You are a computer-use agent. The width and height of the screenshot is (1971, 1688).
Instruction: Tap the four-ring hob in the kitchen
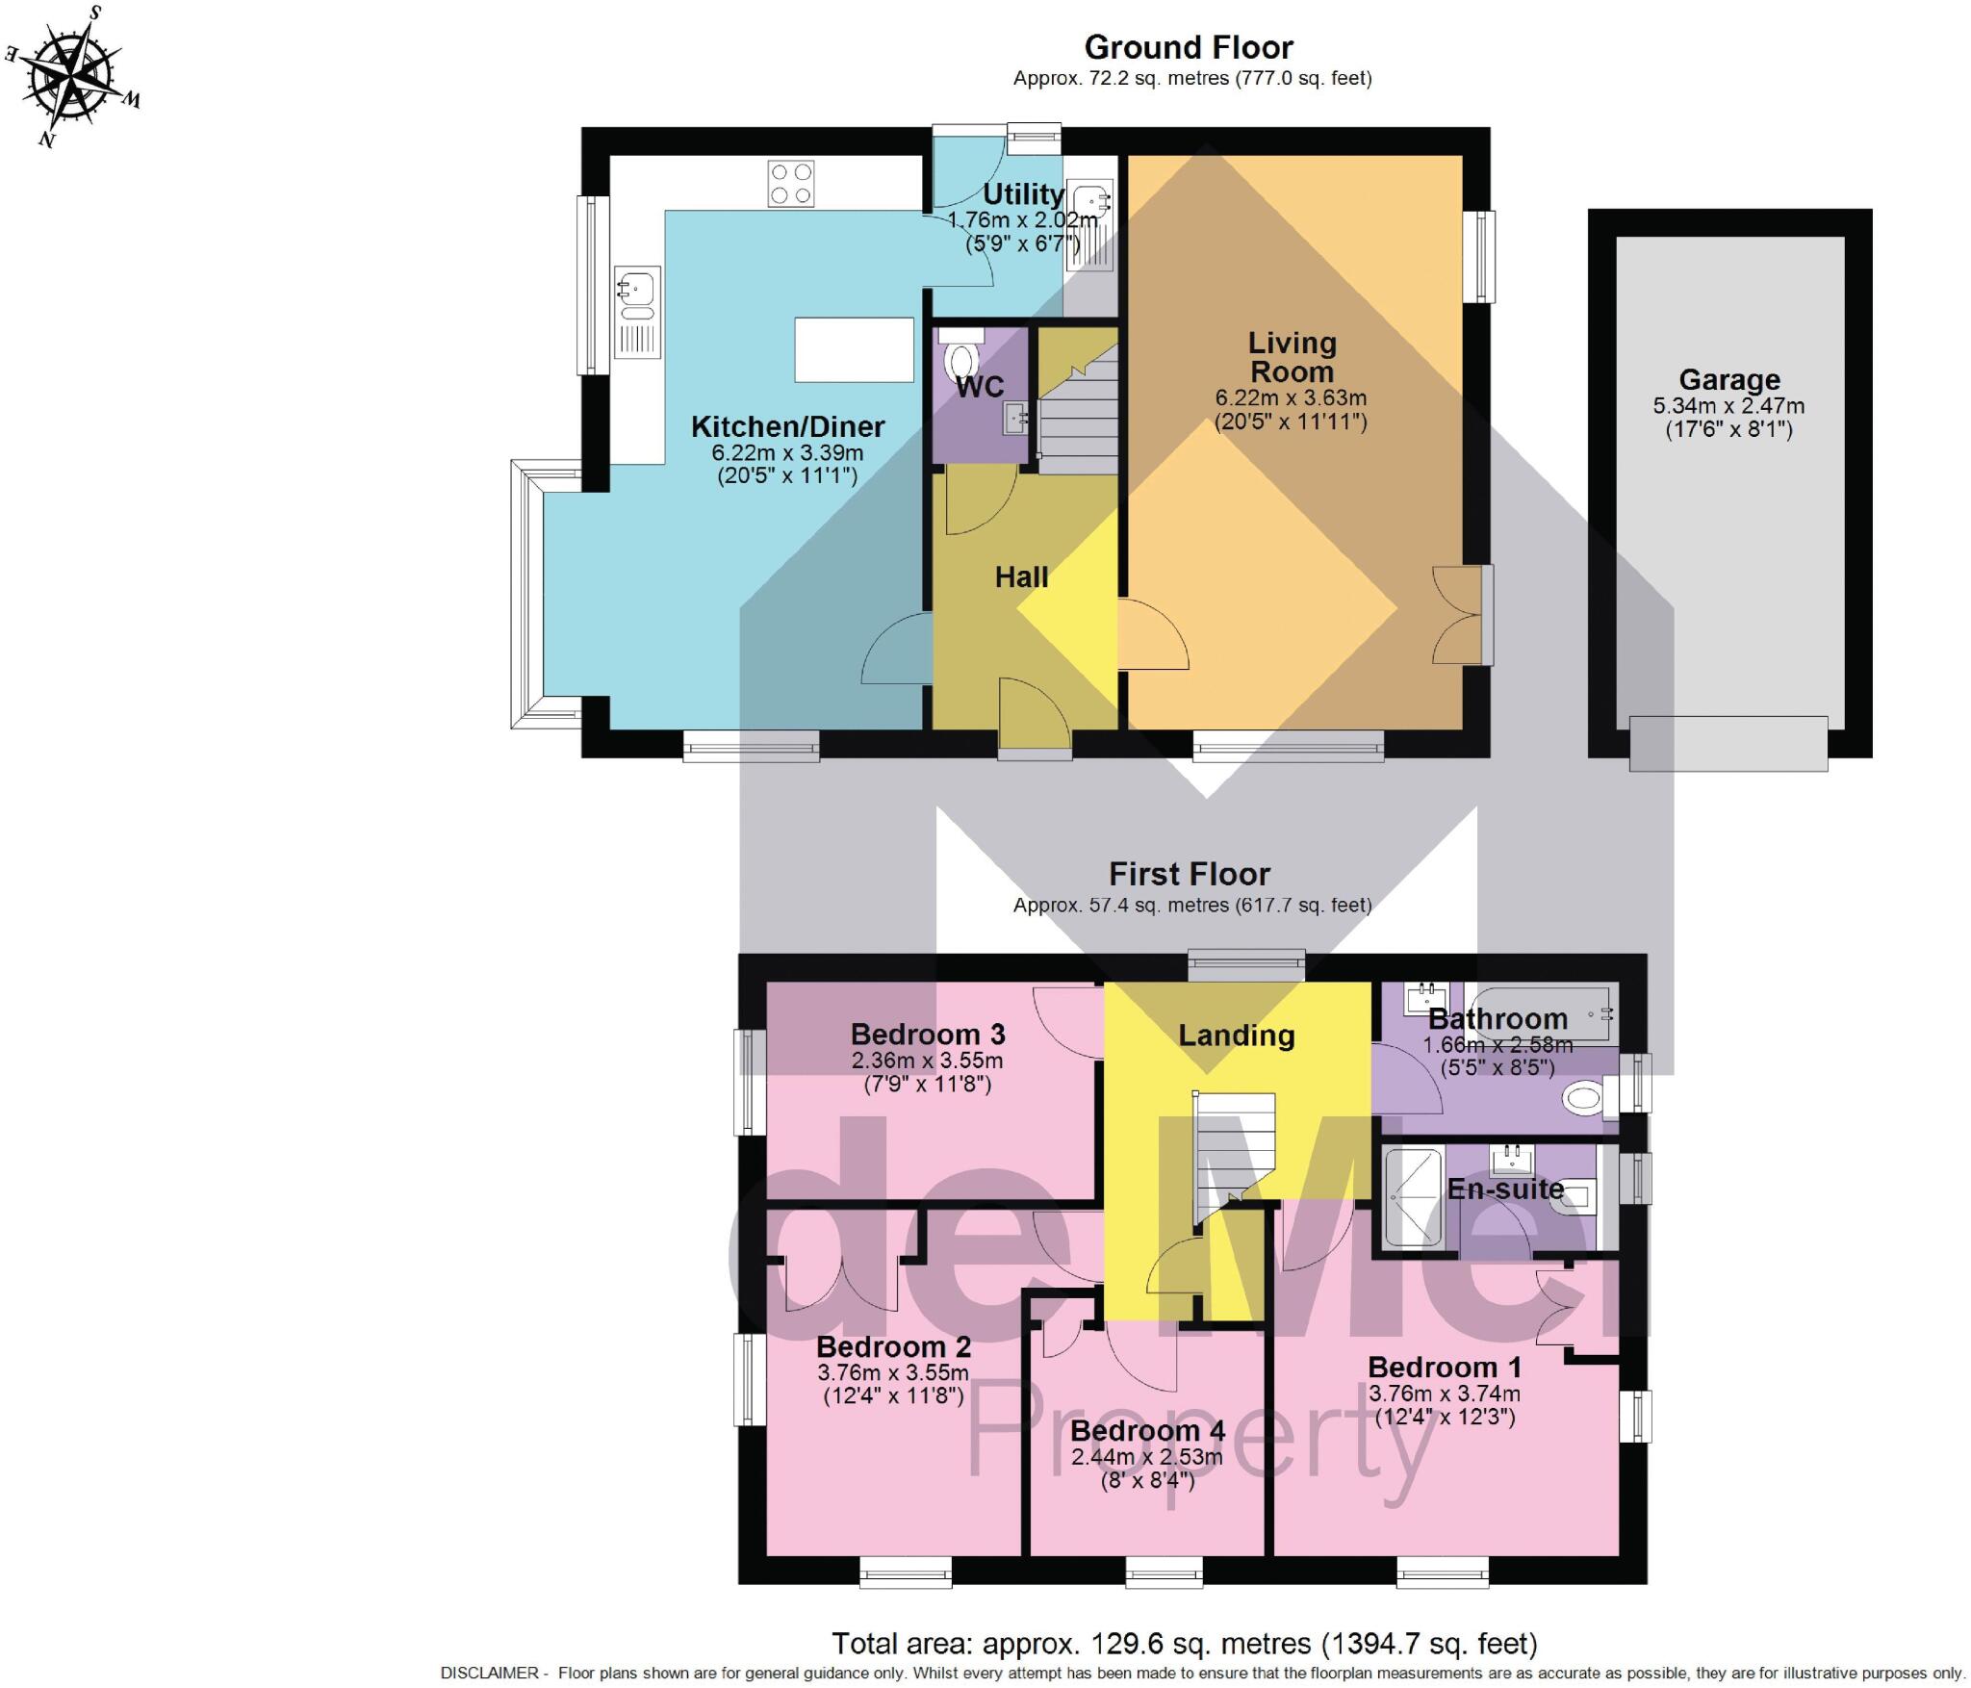point(791,184)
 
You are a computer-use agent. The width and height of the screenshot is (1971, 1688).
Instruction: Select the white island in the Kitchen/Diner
point(854,349)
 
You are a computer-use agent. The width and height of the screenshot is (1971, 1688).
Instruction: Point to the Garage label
point(1728,379)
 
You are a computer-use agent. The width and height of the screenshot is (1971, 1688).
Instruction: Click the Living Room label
point(1292,357)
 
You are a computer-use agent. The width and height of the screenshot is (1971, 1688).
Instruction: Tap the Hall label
point(1021,576)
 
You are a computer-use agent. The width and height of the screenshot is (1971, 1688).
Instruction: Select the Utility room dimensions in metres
point(1022,220)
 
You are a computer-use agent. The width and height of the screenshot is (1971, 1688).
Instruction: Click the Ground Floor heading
point(1189,47)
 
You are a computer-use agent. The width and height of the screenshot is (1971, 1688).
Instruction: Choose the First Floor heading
point(1190,874)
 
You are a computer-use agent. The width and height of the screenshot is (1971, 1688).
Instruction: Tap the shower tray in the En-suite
point(1413,1196)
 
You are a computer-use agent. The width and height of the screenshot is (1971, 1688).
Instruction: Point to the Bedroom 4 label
point(1147,1431)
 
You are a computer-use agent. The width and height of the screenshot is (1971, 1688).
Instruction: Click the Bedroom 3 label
point(928,1035)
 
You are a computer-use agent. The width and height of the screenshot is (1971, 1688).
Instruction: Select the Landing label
point(1237,1036)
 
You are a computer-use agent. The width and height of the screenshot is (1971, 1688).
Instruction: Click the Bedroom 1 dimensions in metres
point(1445,1394)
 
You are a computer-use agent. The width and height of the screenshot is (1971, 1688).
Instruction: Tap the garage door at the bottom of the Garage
point(1728,743)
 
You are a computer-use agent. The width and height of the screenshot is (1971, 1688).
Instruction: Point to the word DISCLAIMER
point(490,1674)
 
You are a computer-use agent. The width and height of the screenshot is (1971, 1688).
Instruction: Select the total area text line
point(1185,1644)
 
